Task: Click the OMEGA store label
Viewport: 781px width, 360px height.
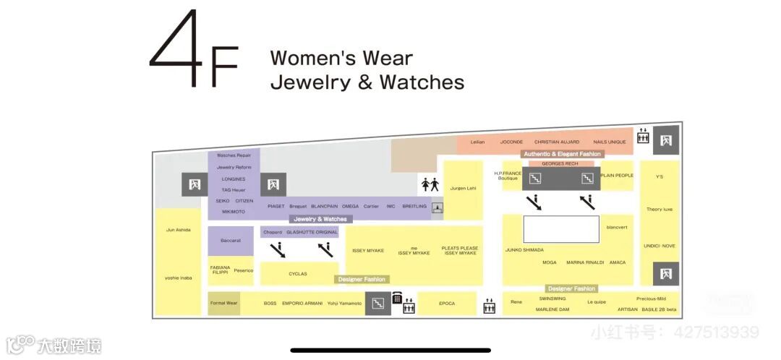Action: (350, 206)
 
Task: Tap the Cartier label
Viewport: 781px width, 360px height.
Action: (371, 206)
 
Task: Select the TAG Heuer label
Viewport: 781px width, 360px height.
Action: (234, 190)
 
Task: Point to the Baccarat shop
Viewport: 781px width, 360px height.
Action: (231, 241)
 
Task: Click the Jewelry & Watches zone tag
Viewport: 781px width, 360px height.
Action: (320, 219)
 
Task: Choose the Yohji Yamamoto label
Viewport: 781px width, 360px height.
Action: (344, 304)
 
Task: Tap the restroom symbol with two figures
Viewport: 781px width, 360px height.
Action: (430, 184)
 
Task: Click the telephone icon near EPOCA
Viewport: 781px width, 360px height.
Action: (397, 298)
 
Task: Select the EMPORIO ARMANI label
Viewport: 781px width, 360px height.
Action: (302, 304)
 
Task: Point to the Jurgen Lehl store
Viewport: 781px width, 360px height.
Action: (463, 189)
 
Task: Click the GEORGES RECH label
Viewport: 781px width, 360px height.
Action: (560, 163)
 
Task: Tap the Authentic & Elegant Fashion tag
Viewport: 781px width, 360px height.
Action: (563, 154)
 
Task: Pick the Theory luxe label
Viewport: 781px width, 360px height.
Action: (660, 210)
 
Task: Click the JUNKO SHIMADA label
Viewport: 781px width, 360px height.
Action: (524, 250)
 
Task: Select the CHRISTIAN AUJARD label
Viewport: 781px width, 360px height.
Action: (558, 142)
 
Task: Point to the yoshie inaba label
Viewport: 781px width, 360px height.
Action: (179, 278)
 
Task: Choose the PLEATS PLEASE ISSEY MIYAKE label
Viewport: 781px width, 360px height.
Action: (461, 250)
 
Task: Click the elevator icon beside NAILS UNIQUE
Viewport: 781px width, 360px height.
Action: (643, 136)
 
